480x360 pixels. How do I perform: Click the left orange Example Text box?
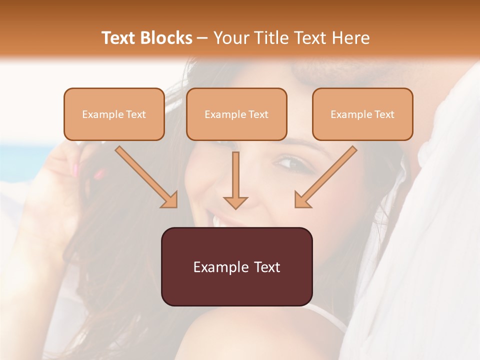click(x=114, y=114)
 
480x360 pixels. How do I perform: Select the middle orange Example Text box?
click(x=236, y=114)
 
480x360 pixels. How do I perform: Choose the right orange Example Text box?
click(x=362, y=114)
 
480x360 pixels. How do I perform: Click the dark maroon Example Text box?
click(x=236, y=266)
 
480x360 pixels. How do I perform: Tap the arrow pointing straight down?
click(x=235, y=180)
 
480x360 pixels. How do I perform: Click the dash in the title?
click(x=202, y=38)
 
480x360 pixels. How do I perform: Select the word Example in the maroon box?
click(x=214, y=266)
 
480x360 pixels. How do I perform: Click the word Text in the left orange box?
click(x=136, y=114)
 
